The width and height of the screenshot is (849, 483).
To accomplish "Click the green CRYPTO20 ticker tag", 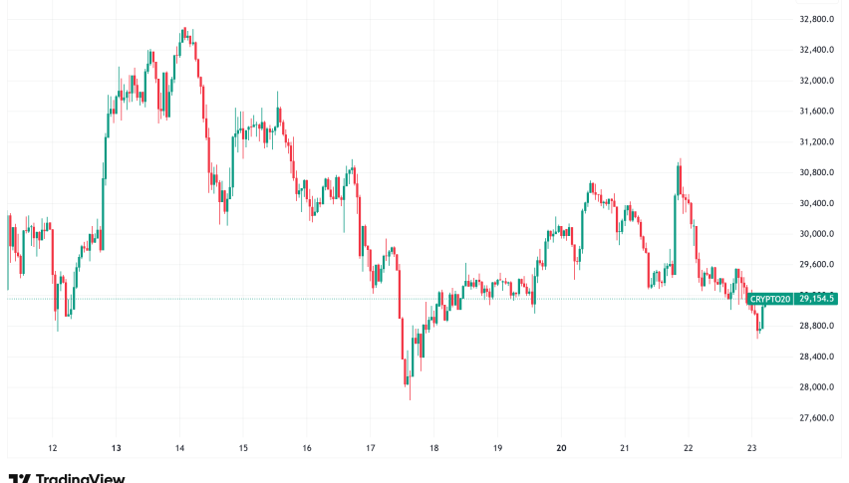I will pyautogui.click(x=770, y=299).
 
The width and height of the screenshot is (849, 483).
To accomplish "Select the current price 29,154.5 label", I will pyautogui.click(x=815, y=299).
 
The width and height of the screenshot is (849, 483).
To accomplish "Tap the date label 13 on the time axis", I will pyautogui.click(x=117, y=448).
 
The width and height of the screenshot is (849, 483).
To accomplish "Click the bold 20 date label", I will pyautogui.click(x=561, y=448).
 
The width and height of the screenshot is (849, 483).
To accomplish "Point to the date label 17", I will pyautogui.click(x=371, y=448).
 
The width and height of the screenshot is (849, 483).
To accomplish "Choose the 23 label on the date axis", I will pyautogui.click(x=752, y=448).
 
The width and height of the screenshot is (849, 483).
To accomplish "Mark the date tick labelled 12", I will pyautogui.click(x=53, y=448).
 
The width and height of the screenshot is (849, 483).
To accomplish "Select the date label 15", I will pyautogui.click(x=243, y=448).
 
